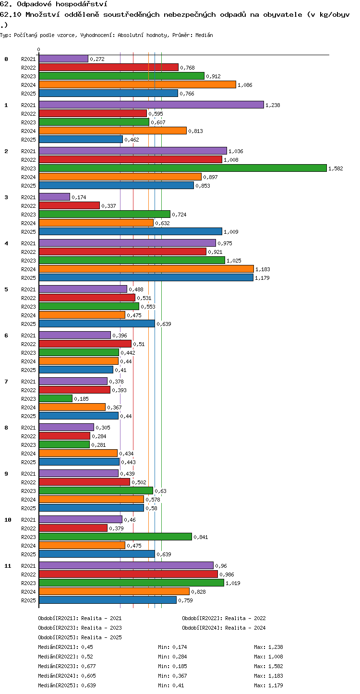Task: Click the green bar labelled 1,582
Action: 183,168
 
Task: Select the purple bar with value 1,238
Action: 152,105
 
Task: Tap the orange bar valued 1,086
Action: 138,84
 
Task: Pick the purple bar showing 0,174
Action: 55,197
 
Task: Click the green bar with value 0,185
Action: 56,398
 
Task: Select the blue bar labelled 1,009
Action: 131,231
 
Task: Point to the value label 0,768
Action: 187,68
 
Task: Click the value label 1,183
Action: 263,269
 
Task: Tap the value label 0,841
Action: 201,537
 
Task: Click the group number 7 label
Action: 6,382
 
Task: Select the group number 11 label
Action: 8,566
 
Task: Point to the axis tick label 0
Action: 38,49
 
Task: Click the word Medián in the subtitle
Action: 204,35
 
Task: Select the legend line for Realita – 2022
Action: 224,618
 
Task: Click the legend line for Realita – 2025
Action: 80,637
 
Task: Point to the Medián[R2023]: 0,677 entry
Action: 67,666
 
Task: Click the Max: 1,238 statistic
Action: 269,647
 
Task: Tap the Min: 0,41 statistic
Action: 171,685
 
